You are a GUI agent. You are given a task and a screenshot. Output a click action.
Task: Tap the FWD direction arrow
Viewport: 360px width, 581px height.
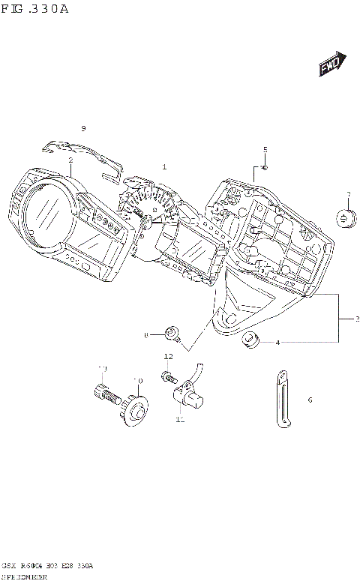click(x=331, y=66)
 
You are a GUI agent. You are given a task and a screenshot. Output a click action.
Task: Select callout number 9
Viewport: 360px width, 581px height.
click(x=84, y=127)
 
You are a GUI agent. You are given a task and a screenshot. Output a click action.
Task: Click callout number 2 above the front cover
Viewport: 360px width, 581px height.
click(x=70, y=160)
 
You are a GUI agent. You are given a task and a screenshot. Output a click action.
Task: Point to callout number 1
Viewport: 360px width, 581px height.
click(x=164, y=166)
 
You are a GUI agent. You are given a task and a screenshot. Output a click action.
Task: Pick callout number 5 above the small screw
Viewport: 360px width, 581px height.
click(x=265, y=149)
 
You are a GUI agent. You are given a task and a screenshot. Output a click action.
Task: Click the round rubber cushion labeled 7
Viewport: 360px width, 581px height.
click(x=346, y=219)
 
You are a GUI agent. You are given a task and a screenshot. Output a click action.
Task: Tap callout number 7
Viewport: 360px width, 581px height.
click(x=348, y=196)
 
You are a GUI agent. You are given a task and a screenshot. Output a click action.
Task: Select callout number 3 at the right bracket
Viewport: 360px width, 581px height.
click(x=357, y=319)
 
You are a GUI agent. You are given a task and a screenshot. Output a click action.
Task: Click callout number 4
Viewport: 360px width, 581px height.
click(x=277, y=343)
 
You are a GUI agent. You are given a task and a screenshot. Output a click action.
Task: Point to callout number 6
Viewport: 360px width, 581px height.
click(x=309, y=400)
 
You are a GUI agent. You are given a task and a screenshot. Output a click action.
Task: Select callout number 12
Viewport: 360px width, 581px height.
click(x=169, y=357)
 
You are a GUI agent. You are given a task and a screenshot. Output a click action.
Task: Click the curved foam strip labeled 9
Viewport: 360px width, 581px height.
click(x=82, y=156)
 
